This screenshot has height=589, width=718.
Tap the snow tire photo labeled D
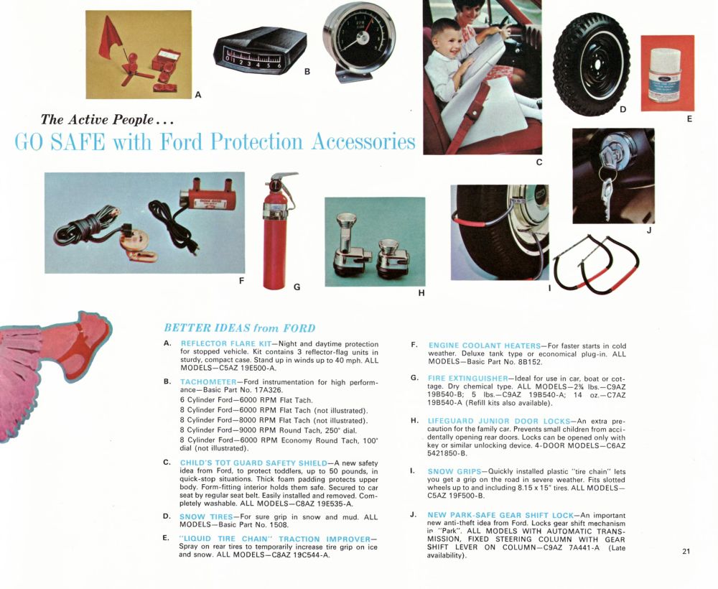pyautogui.click(x=591, y=65)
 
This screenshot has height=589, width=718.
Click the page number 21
pyautogui.click(x=686, y=552)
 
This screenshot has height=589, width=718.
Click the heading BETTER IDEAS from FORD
pyautogui.click(x=239, y=328)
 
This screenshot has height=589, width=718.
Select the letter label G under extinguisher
pyautogui.click(x=297, y=287)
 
